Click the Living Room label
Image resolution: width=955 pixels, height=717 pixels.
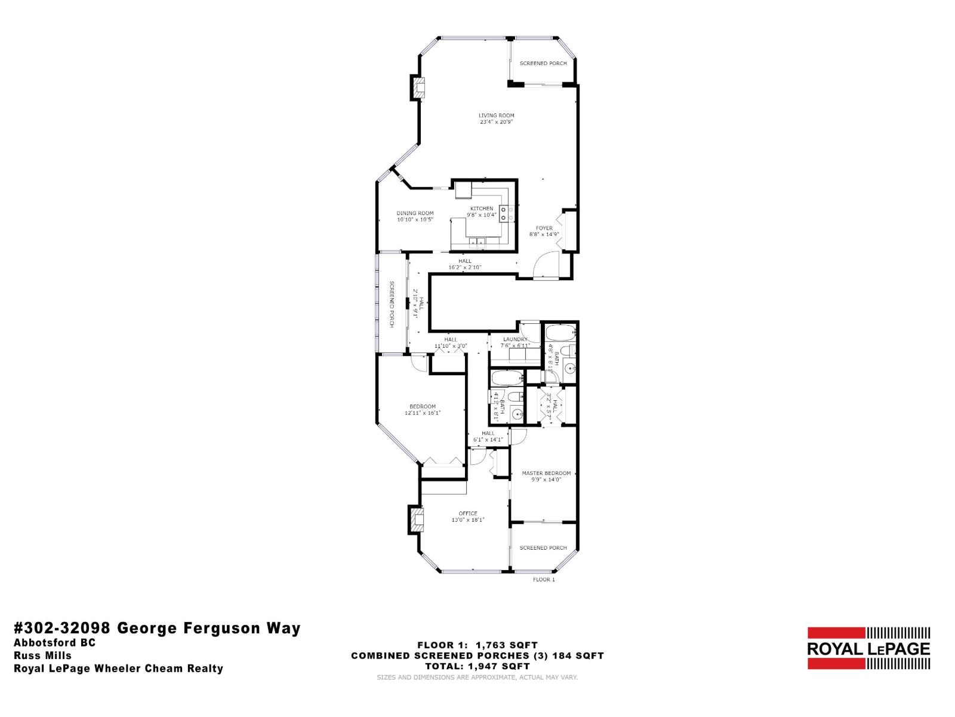pyautogui.click(x=496, y=115)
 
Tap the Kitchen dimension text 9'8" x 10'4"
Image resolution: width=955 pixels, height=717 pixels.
pyautogui.click(x=481, y=215)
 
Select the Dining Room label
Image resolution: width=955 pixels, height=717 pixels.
pyautogui.click(x=415, y=213)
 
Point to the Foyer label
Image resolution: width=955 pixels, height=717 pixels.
pyautogui.click(x=544, y=228)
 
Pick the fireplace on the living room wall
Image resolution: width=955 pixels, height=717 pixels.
pyautogui.click(x=417, y=88)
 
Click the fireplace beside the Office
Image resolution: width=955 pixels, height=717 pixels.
pyautogui.click(x=416, y=519)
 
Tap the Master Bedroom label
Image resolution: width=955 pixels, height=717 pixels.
pyautogui.click(x=546, y=473)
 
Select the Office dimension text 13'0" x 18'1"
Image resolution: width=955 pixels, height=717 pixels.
pyautogui.click(x=468, y=520)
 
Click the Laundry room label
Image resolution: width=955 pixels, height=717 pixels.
pyautogui.click(x=515, y=339)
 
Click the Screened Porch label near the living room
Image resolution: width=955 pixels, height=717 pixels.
pyautogui.click(x=543, y=63)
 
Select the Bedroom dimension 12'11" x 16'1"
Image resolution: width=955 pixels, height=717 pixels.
pyautogui.click(x=422, y=413)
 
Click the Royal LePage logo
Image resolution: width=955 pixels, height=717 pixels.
pyautogui.click(x=868, y=648)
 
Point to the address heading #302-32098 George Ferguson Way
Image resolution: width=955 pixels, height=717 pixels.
pyautogui.click(x=157, y=628)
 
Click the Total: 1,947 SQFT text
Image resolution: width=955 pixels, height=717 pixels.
pyautogui.click(x=478, y=666)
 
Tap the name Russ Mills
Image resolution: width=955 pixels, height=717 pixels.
pyautogui.click(x=42, y=655)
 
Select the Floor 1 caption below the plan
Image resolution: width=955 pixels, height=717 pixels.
pyautogui.click(x=543, y=580)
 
